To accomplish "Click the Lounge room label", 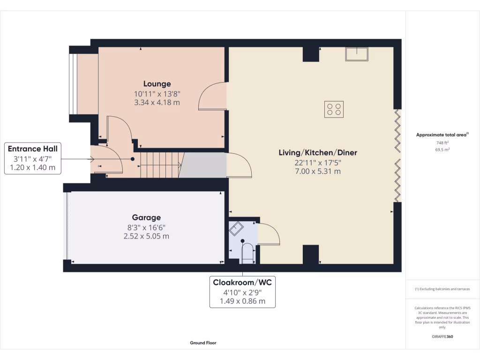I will pyautogui.click(x=157, y=84).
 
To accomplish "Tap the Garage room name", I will pyautogui.click(x=146, y=217).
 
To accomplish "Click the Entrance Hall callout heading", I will pyautogui.click(x=33, y=149).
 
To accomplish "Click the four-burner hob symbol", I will pyautogui.click(x=334, y=109).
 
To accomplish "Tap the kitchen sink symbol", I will pyautogui.click(x=357, y=54).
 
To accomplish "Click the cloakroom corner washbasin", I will pyautogui.click(x=235, y=228).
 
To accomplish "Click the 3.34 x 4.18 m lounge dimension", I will pyautogui.click(x=157, y=103).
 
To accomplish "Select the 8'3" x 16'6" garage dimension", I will pyautogui.click(x=146, y=227).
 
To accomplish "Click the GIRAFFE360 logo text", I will pyautogui.click(x=442, y=337).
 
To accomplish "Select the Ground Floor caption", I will pyautogui.click(x=203, y=343).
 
